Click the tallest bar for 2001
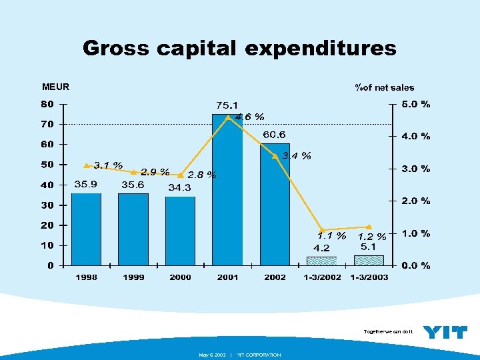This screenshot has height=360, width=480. pyautogui.click(x=227, y=190)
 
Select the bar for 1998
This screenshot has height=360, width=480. pyautogui.click(x=86, y=229)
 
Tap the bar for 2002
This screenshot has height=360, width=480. pyautogui.click(x=275, y=204)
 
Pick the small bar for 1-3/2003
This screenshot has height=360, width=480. pyautogui.click(x=369, y=260)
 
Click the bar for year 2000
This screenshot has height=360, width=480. pyautogui.click(x=180, y=231)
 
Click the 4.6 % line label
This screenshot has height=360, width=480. pyautogui.click(x=251, y=117)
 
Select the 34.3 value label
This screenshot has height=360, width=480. pyautogui.click(x=179, y=187)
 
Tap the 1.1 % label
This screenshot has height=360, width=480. pyautogui.click(x=331, y=235)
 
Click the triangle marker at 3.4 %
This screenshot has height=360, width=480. pyautogui.click(x=275, y=156)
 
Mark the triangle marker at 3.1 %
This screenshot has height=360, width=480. pyautogui.click(x=86, y=165)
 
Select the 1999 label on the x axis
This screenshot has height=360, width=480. pyautogui.click(x=133, y=277)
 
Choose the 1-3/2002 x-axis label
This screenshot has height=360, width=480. pyautogui.click(x=322, y=277)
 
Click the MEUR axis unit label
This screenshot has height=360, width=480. pyautogui.click(x=55, y=86)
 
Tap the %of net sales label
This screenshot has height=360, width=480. pyautogui.click(x=384, y=87)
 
